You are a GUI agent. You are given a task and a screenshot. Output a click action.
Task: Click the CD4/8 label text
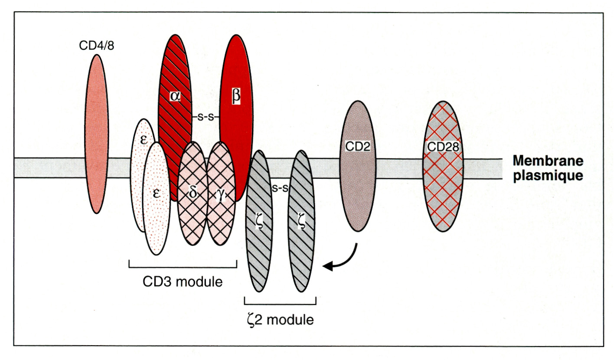[97, 46]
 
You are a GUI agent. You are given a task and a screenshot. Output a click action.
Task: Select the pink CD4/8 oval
[97, 134]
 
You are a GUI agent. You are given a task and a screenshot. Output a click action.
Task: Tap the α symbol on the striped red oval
[175, 96]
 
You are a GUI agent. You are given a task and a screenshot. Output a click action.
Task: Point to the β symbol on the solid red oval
[236, 96]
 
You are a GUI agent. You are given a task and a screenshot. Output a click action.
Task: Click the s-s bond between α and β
[206, 118]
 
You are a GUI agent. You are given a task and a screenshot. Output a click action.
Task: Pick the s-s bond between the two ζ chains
[280, 188]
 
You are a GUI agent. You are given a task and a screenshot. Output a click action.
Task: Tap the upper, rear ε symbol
[144, 140]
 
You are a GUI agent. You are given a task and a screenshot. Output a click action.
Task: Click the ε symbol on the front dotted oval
[156, 193]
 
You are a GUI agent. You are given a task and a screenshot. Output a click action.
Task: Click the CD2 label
[358, 147]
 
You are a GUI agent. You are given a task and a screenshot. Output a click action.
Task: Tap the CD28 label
[443, 147]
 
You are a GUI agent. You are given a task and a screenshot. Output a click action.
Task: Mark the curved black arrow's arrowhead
[328, 266]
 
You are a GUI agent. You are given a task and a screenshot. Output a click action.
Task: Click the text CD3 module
[183, 281]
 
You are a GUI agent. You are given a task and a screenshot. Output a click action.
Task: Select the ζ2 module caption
[280, 320]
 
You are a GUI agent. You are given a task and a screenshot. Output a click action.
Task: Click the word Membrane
[548, 160]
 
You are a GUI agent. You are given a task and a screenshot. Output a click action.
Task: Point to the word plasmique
[548, 176]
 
